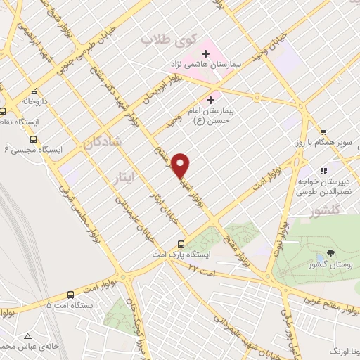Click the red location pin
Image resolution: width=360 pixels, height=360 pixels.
pyautogui.click(x=181, y=165)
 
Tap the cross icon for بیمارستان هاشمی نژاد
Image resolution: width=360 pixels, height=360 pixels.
pyautogui.click(x=205, y=53)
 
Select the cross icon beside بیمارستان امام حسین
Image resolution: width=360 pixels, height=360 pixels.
pyautogui.click(x=211, y=100)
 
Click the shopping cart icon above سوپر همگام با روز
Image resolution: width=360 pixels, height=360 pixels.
pyautogui.click(x=323, y=131)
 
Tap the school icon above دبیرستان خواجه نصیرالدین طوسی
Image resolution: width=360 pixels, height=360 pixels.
pyautogui.click(x=324, y=171)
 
